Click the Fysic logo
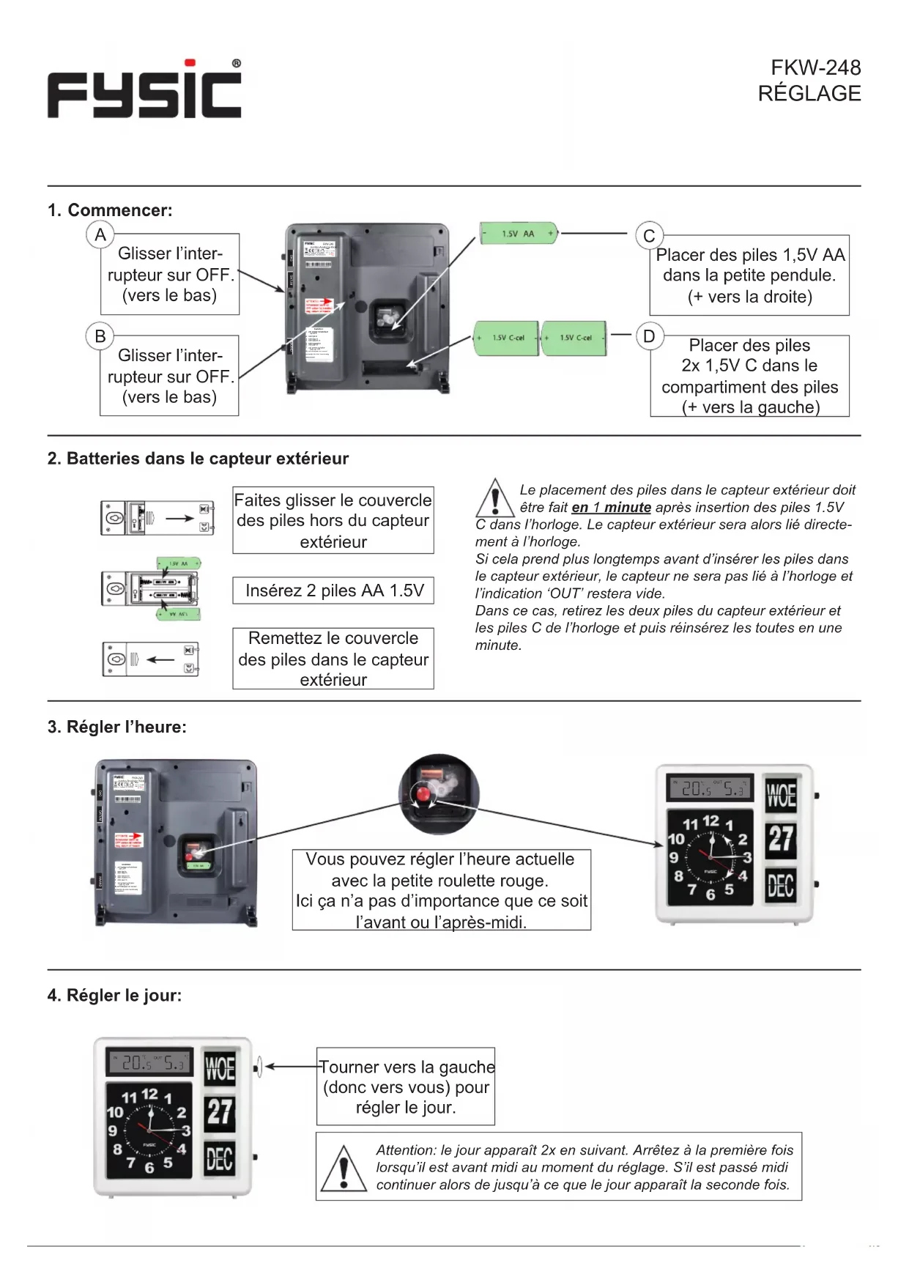click(x=144, y=90)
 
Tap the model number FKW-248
click(x=815, y=68)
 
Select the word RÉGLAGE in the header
click(x=809, y=94)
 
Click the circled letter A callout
click(x=100, y=235)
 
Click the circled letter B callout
click(x=100, y=336)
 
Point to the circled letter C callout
click(x=648, y=236)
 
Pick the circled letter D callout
click(x=648, y=336)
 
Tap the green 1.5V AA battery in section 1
click(x=519, y=234)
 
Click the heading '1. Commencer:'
click(x=110, y=210)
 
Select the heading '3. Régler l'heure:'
click(x=117, y=727)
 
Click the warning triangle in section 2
click(x=494, y=498)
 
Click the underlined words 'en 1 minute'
click(x=611, y=508)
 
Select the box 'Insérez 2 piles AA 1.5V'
click(x=333, y=590)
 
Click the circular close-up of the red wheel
click(x=439, y=793)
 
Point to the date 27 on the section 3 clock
click(x=780, y=839)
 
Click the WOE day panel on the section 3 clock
click(x=780, y=795)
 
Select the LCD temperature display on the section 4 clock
click(x=151, y=1062)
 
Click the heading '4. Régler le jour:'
click(x=114, y=996)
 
